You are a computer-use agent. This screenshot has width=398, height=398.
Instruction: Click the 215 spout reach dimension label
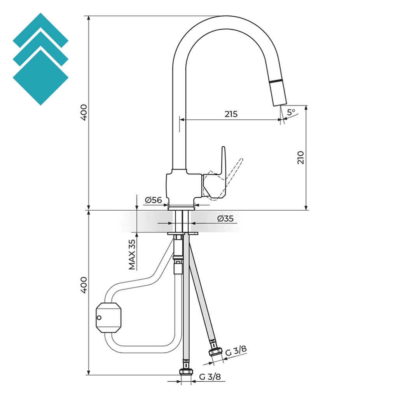pos(231,114)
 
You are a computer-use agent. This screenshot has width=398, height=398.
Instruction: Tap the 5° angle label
pos(291,112)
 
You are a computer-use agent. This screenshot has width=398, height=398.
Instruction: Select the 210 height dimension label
pos(301,157)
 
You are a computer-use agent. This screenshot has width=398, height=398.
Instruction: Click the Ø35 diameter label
pos(225,219)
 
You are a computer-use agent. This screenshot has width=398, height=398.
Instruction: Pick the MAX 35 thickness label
pos(133,255)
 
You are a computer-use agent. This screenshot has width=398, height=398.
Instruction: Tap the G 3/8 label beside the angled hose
pos(236,351)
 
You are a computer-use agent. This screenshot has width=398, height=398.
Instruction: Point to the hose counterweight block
pos(109,317)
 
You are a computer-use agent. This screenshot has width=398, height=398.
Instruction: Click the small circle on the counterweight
pos(99,318)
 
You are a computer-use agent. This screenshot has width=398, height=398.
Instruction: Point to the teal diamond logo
pos(40,59)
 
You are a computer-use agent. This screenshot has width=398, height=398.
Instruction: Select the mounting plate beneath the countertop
pos(183,234)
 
